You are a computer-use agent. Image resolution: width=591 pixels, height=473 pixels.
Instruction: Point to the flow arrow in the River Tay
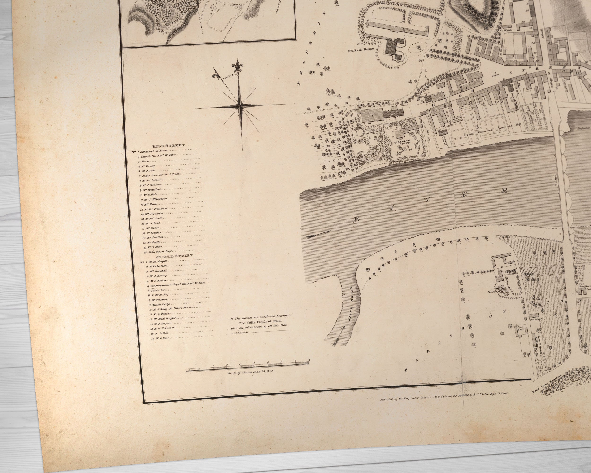318,234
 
